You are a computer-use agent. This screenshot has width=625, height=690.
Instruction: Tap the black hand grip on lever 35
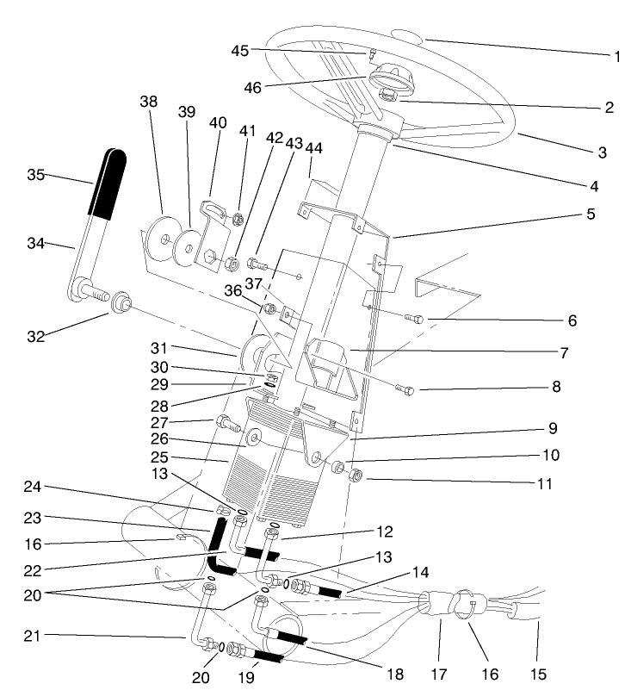coord(106,183)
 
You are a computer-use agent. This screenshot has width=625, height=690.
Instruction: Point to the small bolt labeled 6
coord(412,319)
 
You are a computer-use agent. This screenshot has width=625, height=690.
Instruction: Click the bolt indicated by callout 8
coord(404,390)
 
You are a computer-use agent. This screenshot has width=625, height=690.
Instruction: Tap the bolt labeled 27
coord(226,422)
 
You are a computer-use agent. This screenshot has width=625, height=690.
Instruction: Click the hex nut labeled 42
coord(232,262)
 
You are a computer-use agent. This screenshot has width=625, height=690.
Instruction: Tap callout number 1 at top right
coord(617,57)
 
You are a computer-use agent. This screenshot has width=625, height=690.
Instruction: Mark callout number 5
coord(591,214)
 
